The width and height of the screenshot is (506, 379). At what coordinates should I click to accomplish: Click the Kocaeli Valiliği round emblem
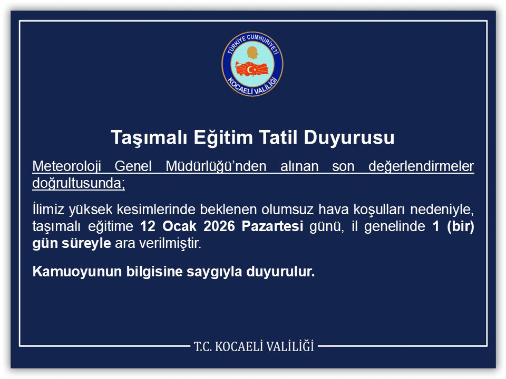(x=252, y=64)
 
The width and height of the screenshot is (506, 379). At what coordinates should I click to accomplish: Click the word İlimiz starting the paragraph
(x=46, y=211)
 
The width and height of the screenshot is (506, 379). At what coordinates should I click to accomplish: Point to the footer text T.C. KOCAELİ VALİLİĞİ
(x=254, y=346)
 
